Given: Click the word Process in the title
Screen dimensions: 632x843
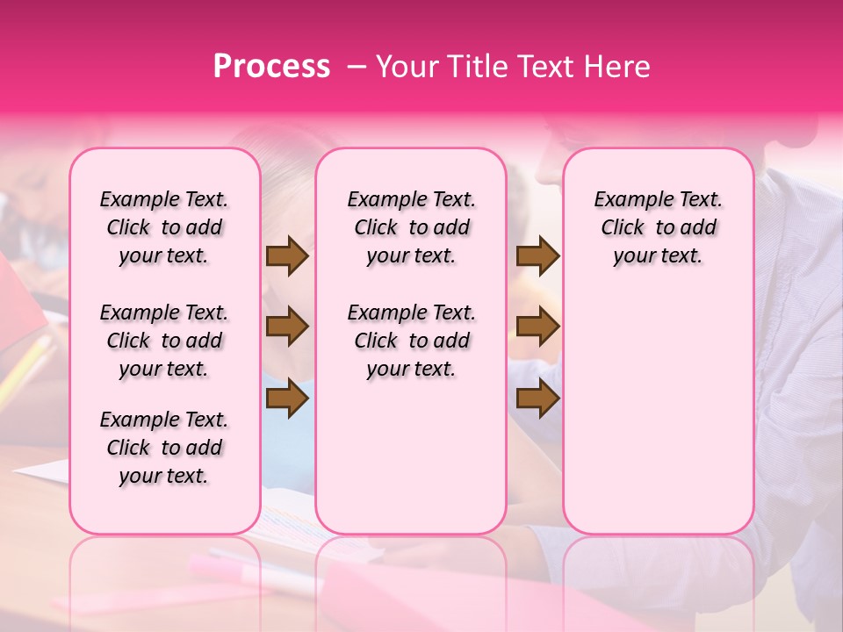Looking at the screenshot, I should click(x=271, y=67).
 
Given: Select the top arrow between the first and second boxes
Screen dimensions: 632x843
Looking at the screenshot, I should click(x=287, y=256).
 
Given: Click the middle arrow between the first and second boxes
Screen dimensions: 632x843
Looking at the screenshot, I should click(x=287, y=327).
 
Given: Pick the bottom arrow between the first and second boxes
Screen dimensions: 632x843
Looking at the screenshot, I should click(x=287, y=399).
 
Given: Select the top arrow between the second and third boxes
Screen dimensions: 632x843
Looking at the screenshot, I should click(x=537, y=256).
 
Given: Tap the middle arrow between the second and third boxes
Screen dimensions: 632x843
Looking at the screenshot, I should click(x=537, y=327).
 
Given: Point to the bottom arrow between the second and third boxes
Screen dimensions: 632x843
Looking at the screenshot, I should click(x=537, y=399).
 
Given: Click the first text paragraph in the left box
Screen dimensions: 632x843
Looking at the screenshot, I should click(x=164, y=227).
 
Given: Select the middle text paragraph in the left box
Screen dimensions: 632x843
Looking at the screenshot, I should click(x=164, y=341).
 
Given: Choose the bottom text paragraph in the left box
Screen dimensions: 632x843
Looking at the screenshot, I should click(x=164, y=448).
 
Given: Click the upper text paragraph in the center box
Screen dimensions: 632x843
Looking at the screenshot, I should click(x=412, y=227).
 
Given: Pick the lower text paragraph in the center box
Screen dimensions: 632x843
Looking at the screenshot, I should click(x=412, y=341).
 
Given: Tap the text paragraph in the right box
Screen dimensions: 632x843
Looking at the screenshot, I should click(x=659, y=227).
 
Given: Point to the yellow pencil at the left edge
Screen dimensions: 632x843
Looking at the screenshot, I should click(x=26, y=369).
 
